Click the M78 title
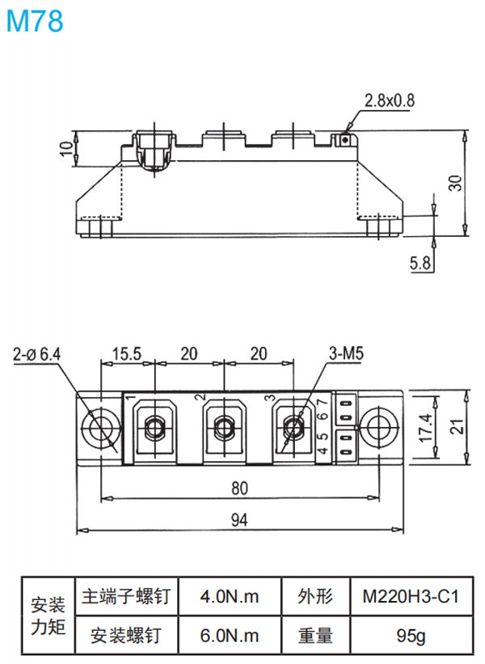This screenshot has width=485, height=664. (34, 21)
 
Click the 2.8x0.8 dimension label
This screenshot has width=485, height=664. (389, 101)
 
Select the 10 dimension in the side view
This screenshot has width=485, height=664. (65, 149)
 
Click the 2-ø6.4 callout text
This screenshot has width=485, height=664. (37, 353)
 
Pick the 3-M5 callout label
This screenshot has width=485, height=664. (347, 353)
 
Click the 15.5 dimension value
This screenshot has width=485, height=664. (127, 353)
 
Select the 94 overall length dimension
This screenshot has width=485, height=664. (239, 521)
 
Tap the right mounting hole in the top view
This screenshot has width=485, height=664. (377, 426)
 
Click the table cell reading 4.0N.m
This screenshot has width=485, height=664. (230, 598)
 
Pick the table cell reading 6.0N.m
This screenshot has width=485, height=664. (230, 636)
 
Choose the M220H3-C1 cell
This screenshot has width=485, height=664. (410, 598)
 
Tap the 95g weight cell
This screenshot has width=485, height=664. (410, 636)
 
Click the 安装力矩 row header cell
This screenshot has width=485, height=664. (48, 616)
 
